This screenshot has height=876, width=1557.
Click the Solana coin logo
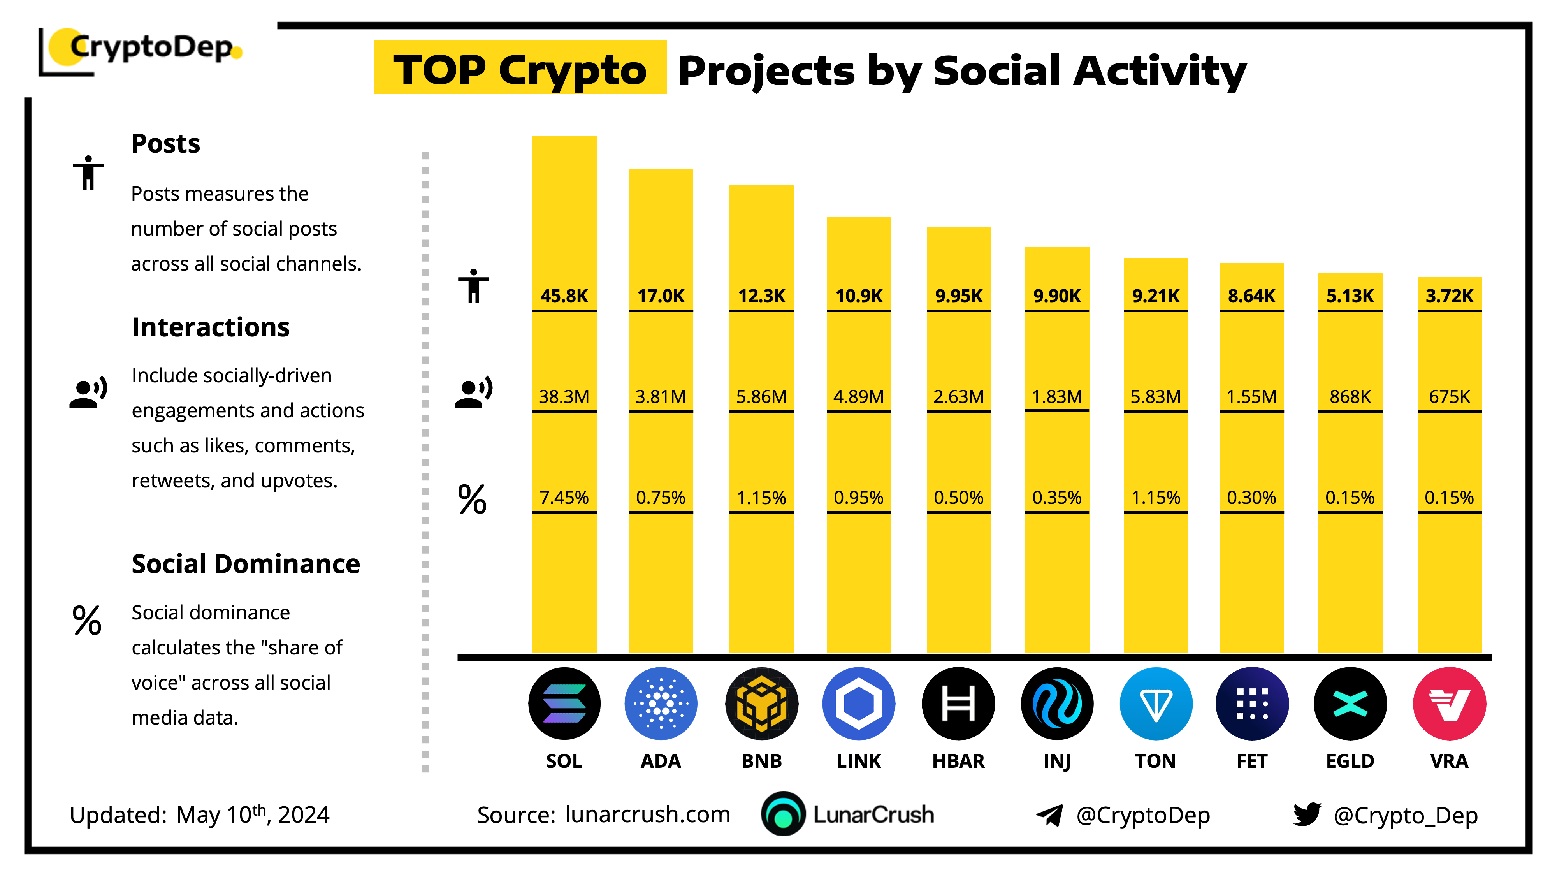click(564, 703)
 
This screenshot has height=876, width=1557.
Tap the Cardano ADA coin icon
click(661, 703)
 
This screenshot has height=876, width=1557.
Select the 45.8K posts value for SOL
click(564, 296)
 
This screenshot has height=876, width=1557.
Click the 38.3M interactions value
click(564, 397)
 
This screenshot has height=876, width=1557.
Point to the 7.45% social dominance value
click(564, 498)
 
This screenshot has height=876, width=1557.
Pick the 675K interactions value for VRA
click(1449, 397)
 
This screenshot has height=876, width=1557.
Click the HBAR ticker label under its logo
click(958, 760)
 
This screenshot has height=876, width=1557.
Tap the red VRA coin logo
click(1449, 703)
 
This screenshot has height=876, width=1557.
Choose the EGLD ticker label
click(1350, 760)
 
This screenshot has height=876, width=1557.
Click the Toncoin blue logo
click(1156, 703)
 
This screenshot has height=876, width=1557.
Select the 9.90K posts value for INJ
click(1056, 296)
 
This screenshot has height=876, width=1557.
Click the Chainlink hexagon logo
click(858, 703)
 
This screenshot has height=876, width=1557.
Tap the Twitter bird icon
click(1307, 814)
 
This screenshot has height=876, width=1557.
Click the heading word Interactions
click(210, 327)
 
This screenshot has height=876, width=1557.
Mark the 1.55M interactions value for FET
click(1251, 397)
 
